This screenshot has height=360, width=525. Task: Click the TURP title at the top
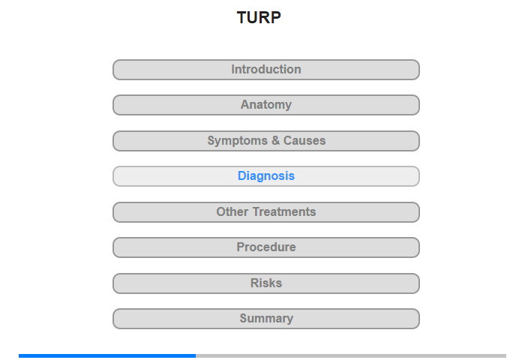pos(259,17)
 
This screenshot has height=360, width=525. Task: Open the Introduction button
pos(266,70)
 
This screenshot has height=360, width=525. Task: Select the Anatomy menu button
pos(266,105)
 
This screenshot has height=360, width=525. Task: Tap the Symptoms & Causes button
pos(266,141)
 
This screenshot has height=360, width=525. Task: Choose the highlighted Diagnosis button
pos(266,176)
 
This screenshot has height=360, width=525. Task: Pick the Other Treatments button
pos(266,212)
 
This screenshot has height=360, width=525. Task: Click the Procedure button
pos(266,247)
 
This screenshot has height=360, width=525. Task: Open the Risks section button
pos(266,283)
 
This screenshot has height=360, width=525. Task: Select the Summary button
pos(266,319)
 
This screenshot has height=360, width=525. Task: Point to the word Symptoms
pos(238,141)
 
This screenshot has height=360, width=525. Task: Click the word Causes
pos(304,141)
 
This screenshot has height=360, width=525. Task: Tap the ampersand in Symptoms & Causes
pos(275,141)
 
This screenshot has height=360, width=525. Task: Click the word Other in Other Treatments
pos(232,211)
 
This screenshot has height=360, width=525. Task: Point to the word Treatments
pos(284,211)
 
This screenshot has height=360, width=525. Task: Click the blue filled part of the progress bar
pos(107,355)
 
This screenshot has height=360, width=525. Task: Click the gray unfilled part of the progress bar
pos(351,355)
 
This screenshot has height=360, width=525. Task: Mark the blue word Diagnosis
pos(266,176)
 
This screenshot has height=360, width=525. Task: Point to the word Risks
pos(266,283)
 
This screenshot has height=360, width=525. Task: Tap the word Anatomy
pos(266,105)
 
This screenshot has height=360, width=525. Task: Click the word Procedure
pos(266,247)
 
